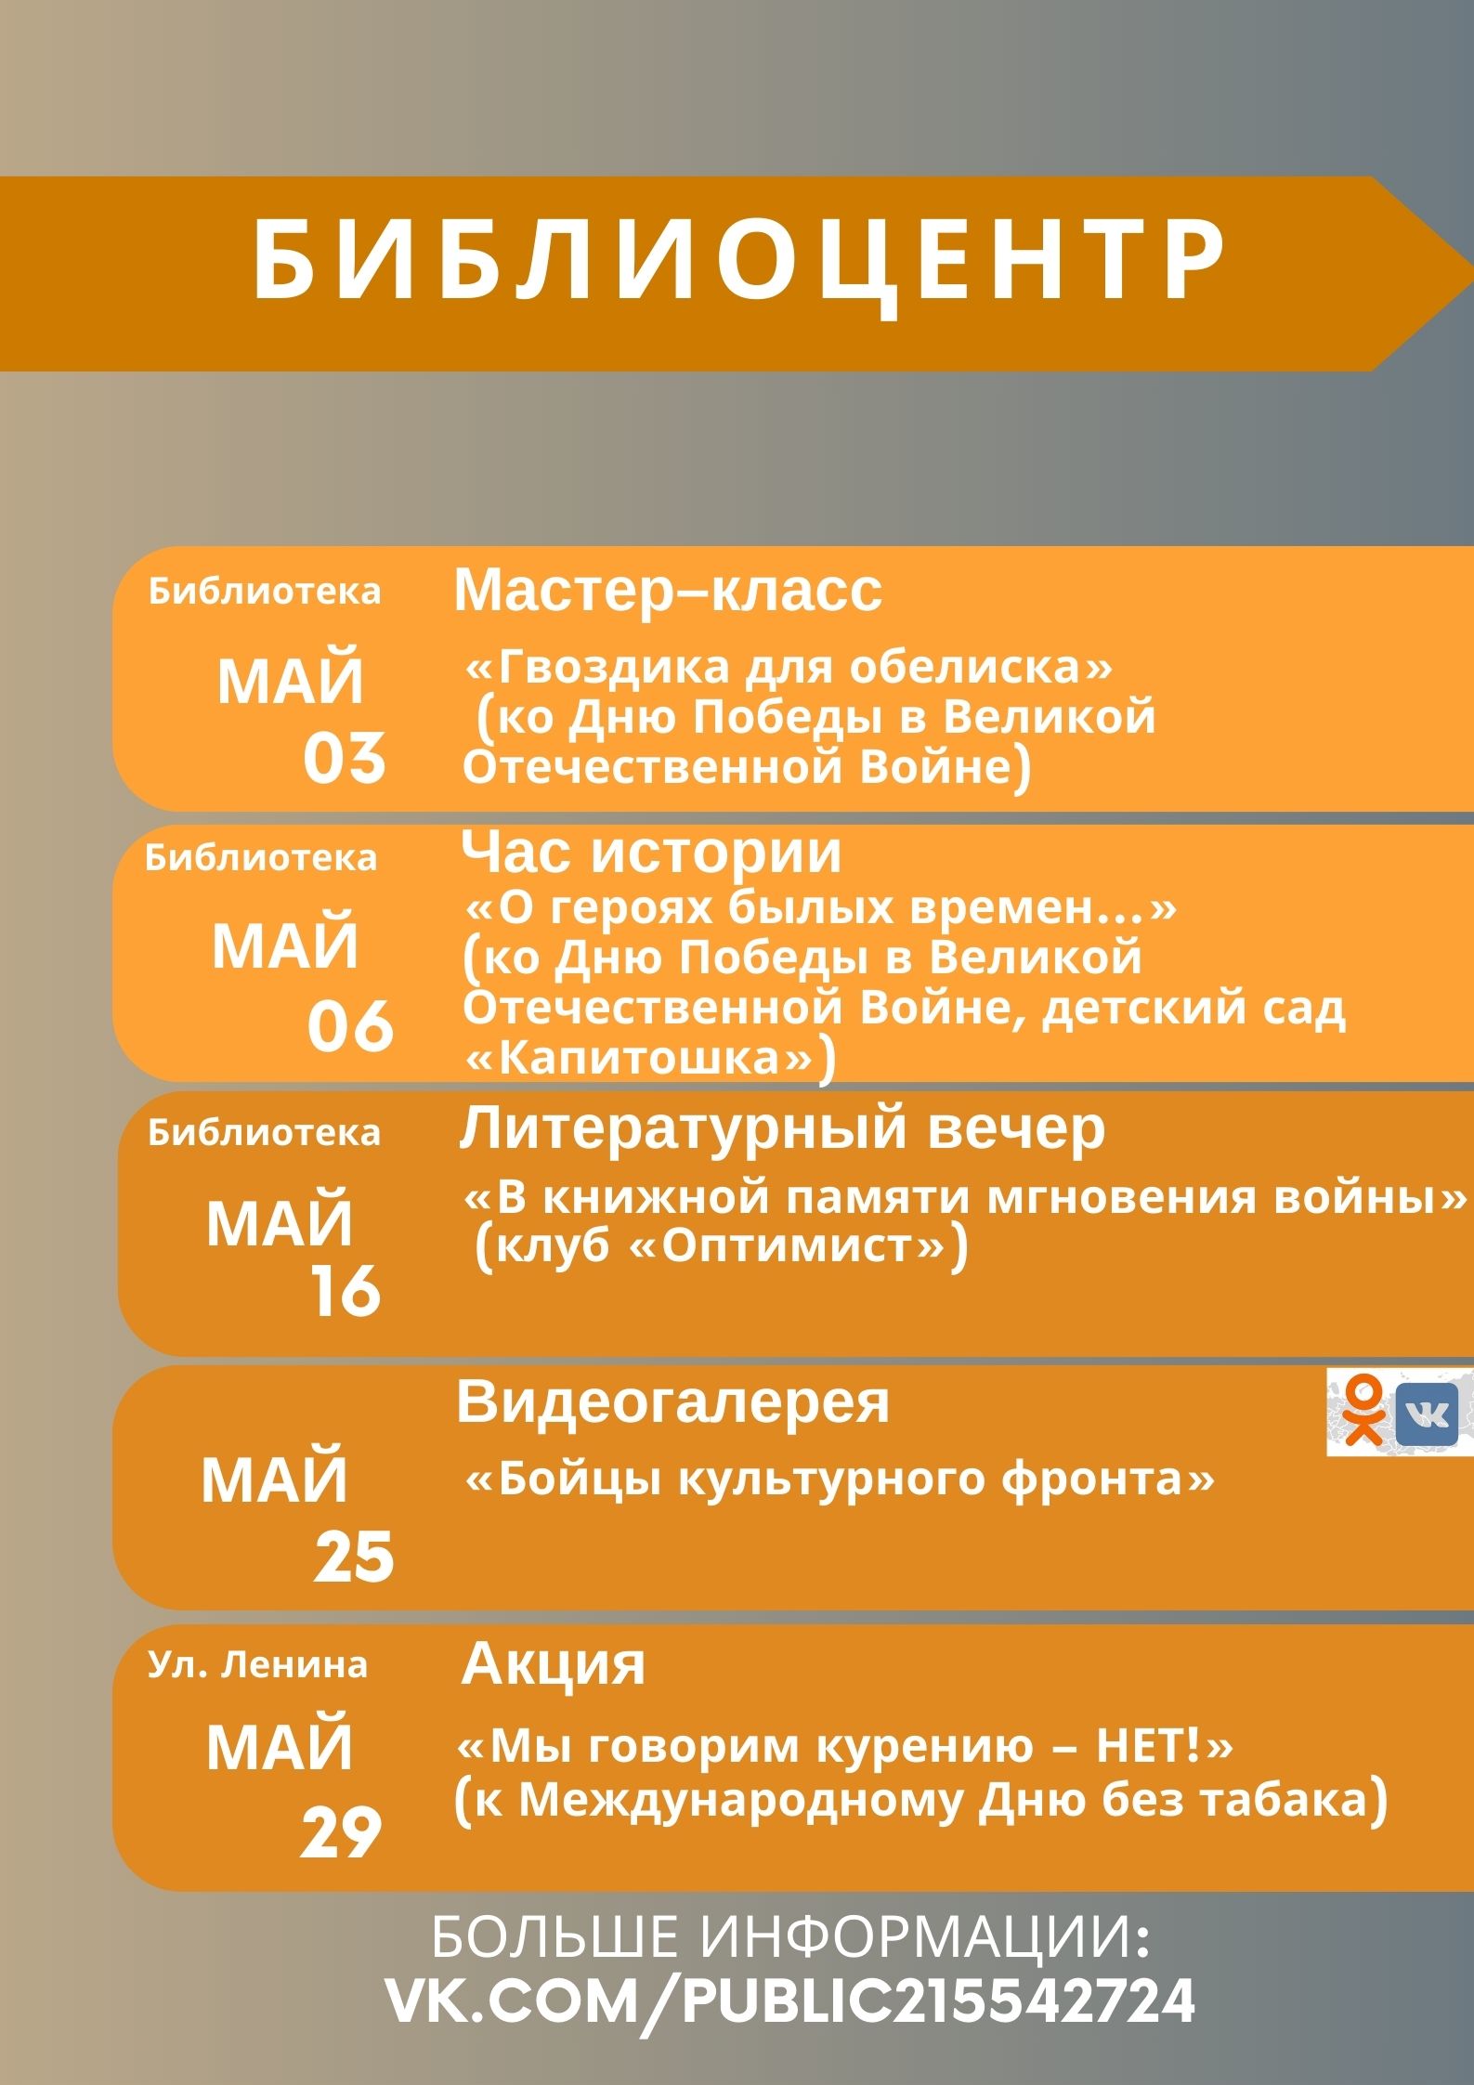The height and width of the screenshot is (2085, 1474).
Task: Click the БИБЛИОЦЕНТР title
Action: pyautogui.click(x=739, y=263)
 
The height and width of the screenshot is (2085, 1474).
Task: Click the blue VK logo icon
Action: pyautogui.click(x=1428, y=1413)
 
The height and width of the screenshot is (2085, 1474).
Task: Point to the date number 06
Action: pyautogui.click(x=350, y=1026)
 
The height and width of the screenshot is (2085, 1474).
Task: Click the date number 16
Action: pyautogui.click(x=346, y=1291)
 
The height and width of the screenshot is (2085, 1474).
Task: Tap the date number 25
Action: pyautogui.click(x=354, y=1557)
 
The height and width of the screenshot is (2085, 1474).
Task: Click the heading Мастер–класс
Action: pyautogui.click(x=668, y=590)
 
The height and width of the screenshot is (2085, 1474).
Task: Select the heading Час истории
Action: pyautogui.click(x=651, y=852)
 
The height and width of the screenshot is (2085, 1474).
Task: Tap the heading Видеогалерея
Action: pyautogui.click(x=672, y=1401)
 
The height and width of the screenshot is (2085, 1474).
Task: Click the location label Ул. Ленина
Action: pyautogui.click(x=257, y=1664)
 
